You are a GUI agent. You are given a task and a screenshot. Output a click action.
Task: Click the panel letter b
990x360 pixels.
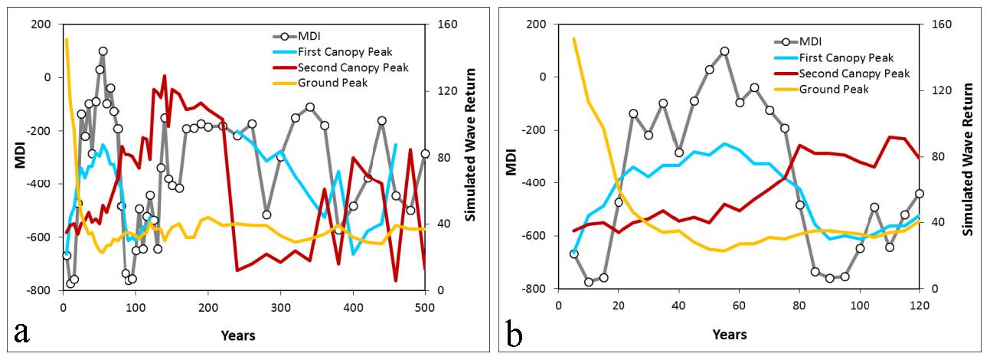(515, 334)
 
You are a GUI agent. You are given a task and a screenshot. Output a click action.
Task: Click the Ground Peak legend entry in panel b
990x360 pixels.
(834, 89)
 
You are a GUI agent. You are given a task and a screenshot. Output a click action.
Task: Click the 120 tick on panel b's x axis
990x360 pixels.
(919, 306)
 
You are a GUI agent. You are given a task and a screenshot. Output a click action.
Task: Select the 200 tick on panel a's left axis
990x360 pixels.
(40, 25)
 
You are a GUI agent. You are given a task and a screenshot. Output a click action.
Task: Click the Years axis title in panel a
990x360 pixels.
(238, 335)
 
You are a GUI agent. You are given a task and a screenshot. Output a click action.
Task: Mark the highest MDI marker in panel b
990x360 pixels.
(724, 51)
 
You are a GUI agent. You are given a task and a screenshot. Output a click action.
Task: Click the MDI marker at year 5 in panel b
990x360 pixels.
(573, 254)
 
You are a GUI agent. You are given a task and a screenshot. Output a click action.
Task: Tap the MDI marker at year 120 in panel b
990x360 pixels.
(919, 194)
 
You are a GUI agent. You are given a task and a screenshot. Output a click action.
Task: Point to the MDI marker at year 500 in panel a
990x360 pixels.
(425, 154)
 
